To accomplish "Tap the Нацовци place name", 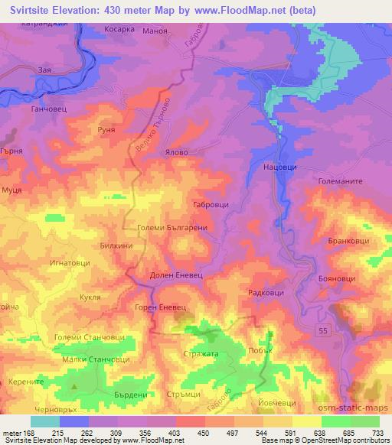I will tap(278, 166).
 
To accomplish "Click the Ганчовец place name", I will tap(47, 109).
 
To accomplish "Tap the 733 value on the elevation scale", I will tap(377, 432).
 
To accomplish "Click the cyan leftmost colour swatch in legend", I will tap(44, 421).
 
